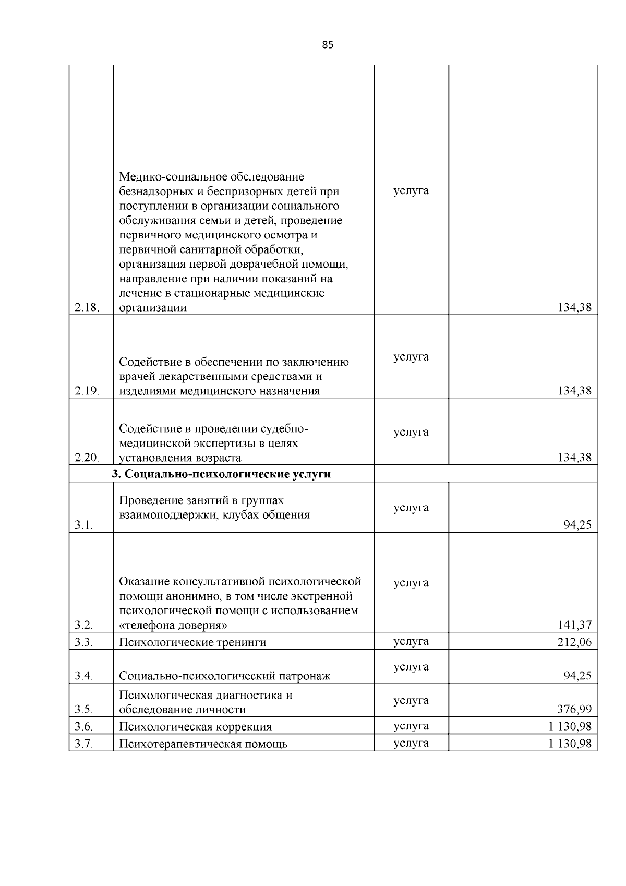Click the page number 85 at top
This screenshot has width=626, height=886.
click(x=328, y=45)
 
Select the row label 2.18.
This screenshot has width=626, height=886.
click(x=87, y=307)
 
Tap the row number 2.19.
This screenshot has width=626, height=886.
click(x=87, y=391)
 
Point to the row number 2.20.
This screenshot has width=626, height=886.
click(x=87, y=458)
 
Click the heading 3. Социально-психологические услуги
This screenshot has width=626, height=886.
click(x=221, y=474)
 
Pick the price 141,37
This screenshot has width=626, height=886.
click(x=575, y=625)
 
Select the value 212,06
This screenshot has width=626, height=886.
click(x=575, y=642)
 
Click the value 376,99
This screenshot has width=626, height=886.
click(x=575, y=709)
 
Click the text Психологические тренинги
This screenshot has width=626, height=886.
click(x=192, y=642)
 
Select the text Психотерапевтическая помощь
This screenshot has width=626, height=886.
click(x=203, y=744)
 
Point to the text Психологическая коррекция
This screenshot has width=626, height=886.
click(x=196, y=727)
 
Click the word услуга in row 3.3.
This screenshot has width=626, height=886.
click(x=411, y=641)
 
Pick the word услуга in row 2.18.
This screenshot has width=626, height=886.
click(x=411, y=190)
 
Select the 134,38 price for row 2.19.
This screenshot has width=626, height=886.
click(x=575, y=391)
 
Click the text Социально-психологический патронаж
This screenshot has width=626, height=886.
click(x=225, y=676)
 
